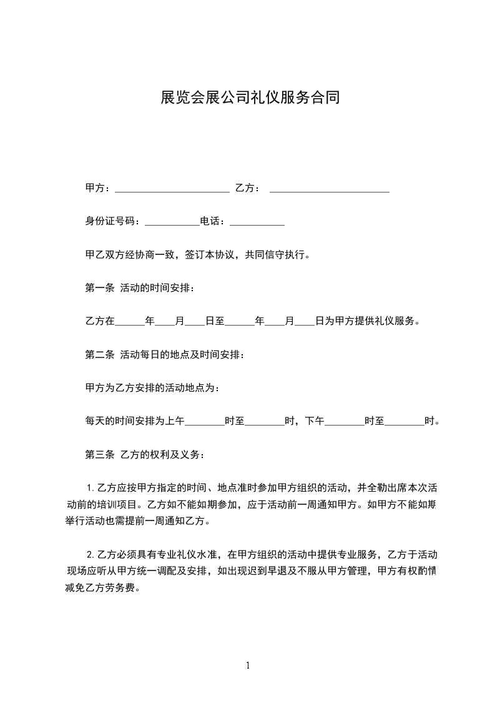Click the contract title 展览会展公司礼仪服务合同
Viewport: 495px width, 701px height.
point(250,98)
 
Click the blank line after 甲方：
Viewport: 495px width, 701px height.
point(172,189)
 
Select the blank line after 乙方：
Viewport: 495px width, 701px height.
point(329,189)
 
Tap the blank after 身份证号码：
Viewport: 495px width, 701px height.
point(172,222)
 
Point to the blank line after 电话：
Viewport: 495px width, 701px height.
point(257,222)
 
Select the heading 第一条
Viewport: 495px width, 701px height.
point(99,288)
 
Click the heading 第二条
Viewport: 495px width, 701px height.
point(99,355)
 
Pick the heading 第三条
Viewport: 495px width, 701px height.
point(99,455)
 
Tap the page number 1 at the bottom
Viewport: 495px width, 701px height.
point(248,665)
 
